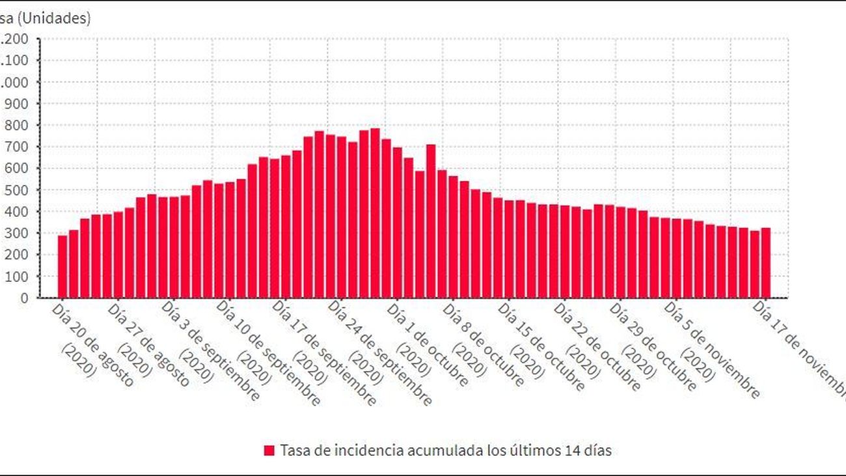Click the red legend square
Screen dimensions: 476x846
click(269, 451)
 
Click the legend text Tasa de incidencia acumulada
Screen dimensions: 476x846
click(446, 451)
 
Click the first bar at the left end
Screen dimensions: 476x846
click(62, 266)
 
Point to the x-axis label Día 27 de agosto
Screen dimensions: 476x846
click(148, 344)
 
